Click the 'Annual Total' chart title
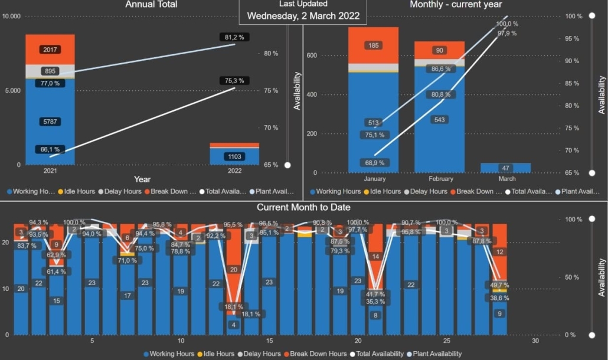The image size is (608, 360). pos(151,4)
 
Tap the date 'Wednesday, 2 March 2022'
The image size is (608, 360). pos(303,16)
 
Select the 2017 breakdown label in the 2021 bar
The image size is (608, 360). pos(50,50)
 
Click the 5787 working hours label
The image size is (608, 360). pos(50,122)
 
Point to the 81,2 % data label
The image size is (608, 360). pos(234,37)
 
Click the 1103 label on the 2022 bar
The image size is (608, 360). pos(234,156)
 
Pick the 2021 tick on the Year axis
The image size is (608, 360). pos(50,171)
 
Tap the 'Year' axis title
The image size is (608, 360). pos(142,179)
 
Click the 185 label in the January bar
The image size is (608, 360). pos(372,45)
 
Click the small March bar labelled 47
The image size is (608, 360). pos(505,168)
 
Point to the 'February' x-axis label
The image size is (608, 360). pos(439,179)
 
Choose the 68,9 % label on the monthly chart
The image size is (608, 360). pos(374,162)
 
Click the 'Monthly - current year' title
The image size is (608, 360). pos(456,4)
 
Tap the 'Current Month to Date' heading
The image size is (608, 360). pos(303,207)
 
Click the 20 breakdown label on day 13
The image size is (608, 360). pos(234,270)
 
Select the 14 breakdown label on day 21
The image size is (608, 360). pos(375,257)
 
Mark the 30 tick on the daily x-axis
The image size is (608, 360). pos(535,341)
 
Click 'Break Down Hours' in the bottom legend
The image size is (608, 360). pos(318,354)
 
